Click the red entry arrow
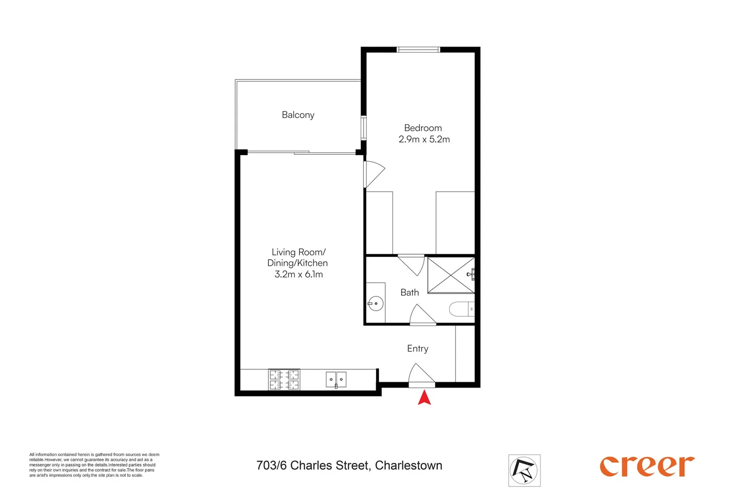point(425,398)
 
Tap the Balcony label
point(298,115)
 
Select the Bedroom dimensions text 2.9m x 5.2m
point(424,140)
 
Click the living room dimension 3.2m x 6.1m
point(299,274)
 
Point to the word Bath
point(409,293)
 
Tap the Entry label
point(417,349)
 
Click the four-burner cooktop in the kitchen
point(284,380)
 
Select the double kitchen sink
point(336,379)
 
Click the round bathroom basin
point(376,304)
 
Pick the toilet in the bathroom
point(462,309)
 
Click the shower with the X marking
point(451,275)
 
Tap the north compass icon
point(524,470)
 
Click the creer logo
point(647,466)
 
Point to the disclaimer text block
point(94,465)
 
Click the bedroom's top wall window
point(418,49)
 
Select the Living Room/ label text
point(299,252)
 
